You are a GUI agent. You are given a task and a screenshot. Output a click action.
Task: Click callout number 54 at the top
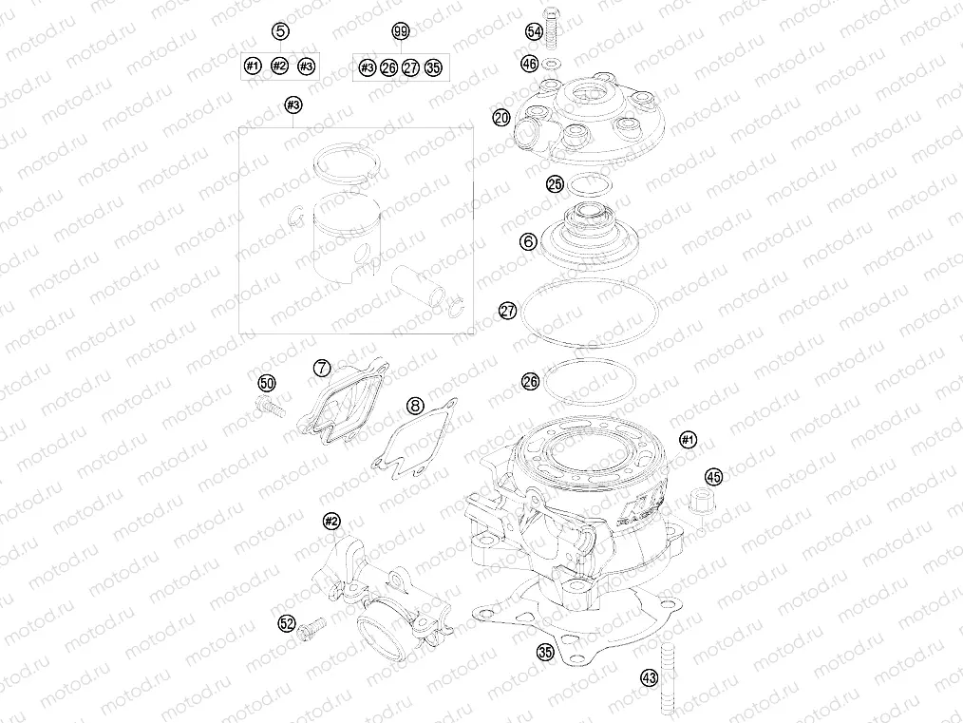point(534,32)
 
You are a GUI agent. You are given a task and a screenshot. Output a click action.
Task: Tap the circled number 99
point(400,32)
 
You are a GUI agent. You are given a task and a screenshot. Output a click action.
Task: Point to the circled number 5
point(280,32)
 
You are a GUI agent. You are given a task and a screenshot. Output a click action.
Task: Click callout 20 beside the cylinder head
point(501,119)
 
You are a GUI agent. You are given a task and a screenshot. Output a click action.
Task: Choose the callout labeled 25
point(556,184)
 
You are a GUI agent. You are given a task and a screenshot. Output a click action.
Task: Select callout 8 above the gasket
point(414,406)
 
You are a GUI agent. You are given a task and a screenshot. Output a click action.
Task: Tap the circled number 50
point(267,384)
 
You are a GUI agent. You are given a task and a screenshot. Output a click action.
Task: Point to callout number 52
point(286,623)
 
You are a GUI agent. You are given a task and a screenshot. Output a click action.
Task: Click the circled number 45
point(712,476)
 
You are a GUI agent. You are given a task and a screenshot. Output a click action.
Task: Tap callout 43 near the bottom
point(649,678)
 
